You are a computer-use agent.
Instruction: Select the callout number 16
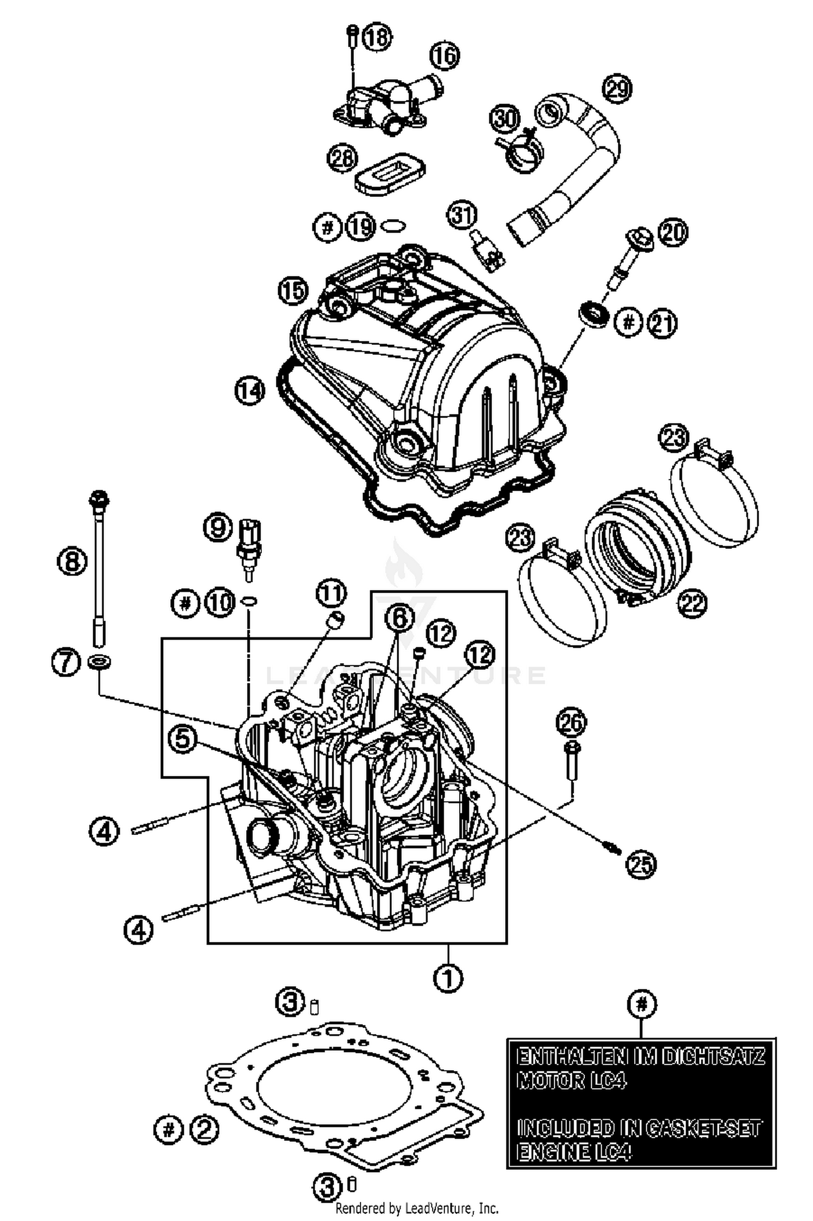pyautogui.click(x=444, y=56)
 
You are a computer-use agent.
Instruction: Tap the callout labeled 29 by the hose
pyautogui.click(x=617, y=88)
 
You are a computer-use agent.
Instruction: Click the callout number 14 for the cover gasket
pyautogui.click(x=250, y=391)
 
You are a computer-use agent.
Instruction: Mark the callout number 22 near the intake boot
pyautogui.click(x=693, y=603)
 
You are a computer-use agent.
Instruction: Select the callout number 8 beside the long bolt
pyautogui.click(x=72, y=561)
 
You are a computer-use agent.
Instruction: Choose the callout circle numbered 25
pyautogui.click(x=640, y=864)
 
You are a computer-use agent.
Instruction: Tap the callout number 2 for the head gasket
pyautogui.click(x=204, y=1129)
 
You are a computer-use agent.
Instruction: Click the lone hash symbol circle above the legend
pyautogui.click(x=642, y=1004)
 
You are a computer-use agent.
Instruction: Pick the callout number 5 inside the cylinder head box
pyautogui.click(x=183, y=740)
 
